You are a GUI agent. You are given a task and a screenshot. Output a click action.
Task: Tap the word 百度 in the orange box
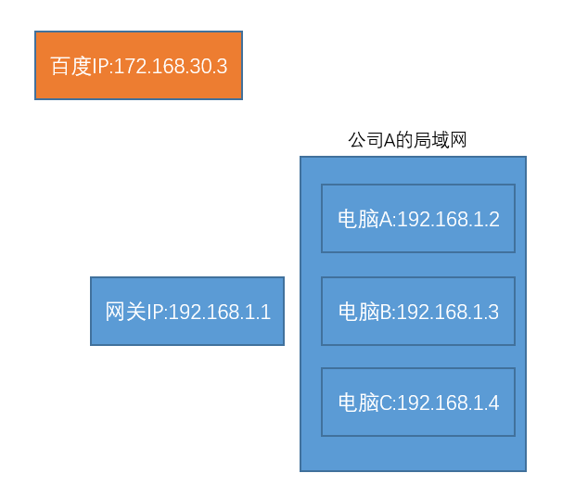click(x=70, y=66)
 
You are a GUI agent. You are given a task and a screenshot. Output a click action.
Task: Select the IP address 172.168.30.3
click(x=171, y=66)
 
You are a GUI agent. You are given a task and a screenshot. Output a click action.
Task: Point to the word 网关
click(x=125, y=312)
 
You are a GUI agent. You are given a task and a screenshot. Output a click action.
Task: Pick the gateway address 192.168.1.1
click(x=220, y=312)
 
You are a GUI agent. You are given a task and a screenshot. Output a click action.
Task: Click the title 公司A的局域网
click(x=407, y=140)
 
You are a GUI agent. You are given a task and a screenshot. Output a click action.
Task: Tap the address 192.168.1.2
click(x=448, y=219)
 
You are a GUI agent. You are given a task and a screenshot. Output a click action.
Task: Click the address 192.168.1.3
click(x=448, y=312)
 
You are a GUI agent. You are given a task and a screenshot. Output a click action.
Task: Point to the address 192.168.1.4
click(x=448, y=403)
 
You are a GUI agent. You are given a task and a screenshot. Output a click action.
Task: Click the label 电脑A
click(x=365, y=219)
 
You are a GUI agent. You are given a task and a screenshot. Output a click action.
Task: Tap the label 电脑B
click(x=365, y=312)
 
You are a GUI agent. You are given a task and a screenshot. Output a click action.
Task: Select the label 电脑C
click(x=365, y=403)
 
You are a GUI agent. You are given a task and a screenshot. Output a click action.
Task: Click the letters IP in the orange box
click(x=100, y=66)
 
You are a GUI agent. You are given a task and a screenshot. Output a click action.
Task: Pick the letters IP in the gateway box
click(x=155, y=312)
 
